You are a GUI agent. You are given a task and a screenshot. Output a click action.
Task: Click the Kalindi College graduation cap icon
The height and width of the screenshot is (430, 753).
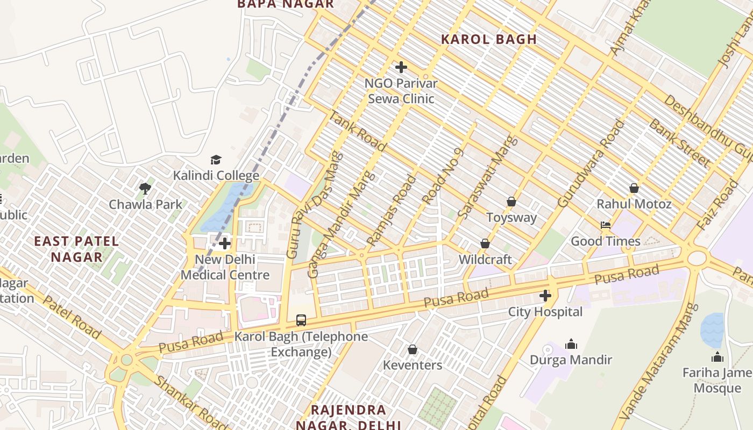[x=216, y=160]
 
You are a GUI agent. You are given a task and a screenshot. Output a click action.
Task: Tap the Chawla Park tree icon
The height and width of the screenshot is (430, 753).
[x=145, y=188]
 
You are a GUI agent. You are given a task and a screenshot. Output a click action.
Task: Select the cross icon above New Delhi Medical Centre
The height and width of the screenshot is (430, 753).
[x=225, y=243]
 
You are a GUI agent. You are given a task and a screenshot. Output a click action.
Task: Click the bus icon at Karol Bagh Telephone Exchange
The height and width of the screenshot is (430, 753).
[x=301, y=320]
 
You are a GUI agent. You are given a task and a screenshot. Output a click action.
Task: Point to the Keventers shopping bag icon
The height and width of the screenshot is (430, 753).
[x=413, y=349]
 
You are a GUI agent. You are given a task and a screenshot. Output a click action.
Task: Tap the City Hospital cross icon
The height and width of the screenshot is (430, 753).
[x=545, y=296]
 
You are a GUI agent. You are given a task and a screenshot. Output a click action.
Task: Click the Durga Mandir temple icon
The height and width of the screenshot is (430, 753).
[x=571, y=344]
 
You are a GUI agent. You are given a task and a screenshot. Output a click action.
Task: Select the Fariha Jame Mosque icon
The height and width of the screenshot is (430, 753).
[x=717, y=357]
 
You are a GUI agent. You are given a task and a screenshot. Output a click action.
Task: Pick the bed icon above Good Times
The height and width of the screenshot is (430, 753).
[x=606, y=225]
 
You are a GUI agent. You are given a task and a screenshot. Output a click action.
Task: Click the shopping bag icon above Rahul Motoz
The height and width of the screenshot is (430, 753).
[x=634, y=188]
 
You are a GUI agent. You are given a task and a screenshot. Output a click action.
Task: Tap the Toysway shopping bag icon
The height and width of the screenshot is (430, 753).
[x=511, y=202]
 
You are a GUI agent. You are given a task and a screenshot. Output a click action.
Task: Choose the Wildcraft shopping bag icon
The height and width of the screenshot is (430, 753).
[x=485, y=243]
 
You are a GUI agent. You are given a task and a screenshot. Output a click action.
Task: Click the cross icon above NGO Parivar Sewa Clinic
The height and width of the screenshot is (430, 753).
[x=401, y=67]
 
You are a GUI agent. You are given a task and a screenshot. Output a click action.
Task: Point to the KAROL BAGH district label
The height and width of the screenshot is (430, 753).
[x=489, y=39]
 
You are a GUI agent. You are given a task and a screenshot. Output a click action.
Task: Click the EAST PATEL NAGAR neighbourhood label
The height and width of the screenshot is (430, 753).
[x=76, y=249]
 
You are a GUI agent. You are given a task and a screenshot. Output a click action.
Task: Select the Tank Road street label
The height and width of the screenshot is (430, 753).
[x=357, y=131]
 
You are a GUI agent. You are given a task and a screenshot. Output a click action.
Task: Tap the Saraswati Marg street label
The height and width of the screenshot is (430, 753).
[x=487, y=177]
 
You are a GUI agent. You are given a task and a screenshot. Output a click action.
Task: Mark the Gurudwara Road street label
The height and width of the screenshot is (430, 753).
[x=592, y=164]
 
